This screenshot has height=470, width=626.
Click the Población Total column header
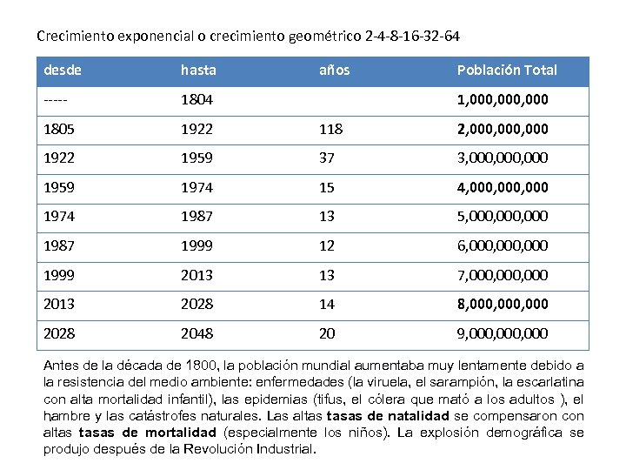click(507, 70)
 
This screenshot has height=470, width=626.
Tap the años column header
click(335, 70)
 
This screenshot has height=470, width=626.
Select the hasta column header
click(198, 70)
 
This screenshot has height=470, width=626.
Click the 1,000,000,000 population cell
click(503, 99)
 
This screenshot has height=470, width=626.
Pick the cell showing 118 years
click(331, 129)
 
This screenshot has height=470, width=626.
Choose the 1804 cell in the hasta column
click(196, 99)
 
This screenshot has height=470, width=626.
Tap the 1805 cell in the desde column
click(59, 129)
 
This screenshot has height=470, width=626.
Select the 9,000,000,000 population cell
click(503, 333)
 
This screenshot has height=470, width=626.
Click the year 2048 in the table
click(196, 333)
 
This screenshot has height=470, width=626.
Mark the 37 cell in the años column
click(327, 158)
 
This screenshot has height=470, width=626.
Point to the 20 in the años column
click(327, 333)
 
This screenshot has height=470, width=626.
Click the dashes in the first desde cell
click(57, 99)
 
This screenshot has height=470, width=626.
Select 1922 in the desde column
click(59, 158)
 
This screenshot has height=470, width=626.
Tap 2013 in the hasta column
click(196, 275)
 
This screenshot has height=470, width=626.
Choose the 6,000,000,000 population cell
click(503, 245)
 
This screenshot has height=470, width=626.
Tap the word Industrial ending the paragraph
click(283, 449)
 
